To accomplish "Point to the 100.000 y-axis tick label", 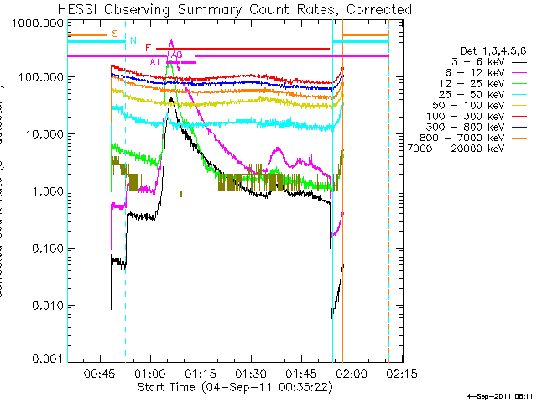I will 39,77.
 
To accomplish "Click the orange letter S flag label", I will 114,33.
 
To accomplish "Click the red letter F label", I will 148,49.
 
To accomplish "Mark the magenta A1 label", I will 155,62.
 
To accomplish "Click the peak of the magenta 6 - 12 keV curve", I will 171,40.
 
